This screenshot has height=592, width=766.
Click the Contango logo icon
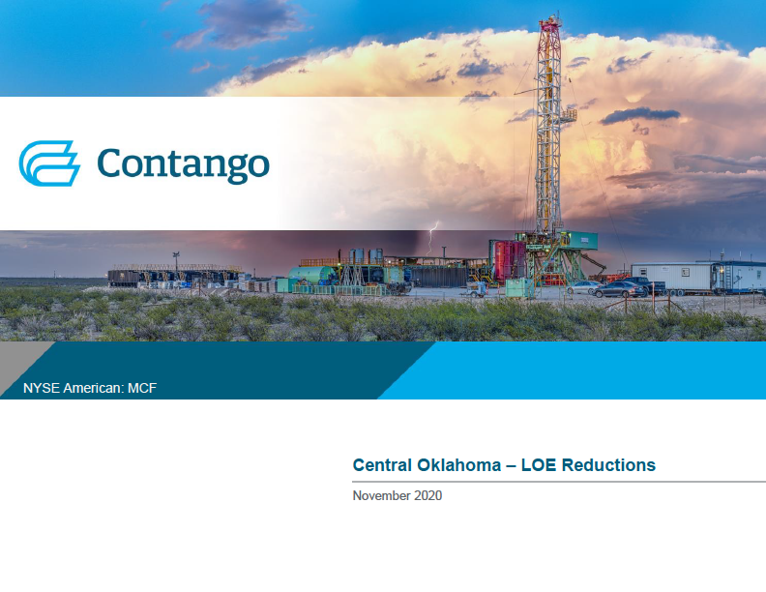[49, 163]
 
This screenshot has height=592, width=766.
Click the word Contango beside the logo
[183, 164]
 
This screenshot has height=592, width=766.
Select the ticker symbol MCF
[142, 388]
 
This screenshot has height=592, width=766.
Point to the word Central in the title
[382, 465]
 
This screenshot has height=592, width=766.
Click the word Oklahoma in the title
[458, 465]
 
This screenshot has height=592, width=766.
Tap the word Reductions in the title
[608, 465]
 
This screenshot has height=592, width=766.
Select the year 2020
[427, 496]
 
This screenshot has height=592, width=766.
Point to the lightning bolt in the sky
[432, 237]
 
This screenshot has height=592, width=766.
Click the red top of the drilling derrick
[549, 29]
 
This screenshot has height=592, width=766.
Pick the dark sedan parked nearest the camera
[619, 289]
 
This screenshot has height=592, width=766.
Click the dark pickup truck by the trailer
[646, 284]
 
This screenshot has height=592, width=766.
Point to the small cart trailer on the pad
[475, 290]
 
